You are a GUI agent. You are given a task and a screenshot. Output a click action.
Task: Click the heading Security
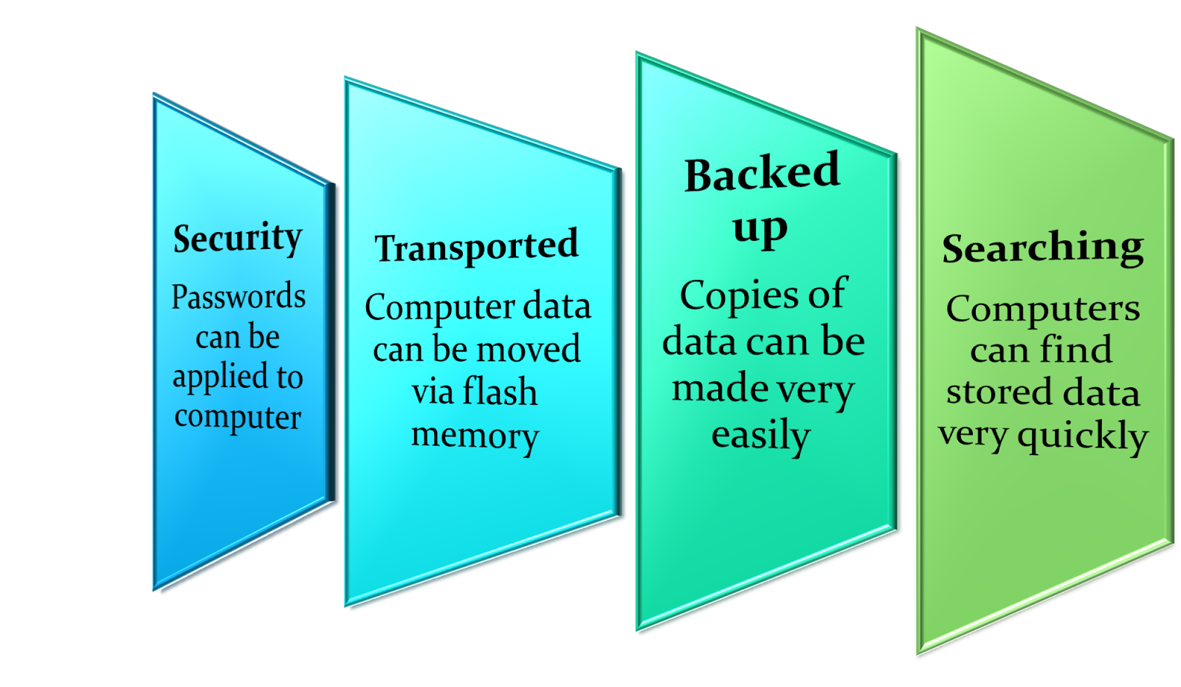[x=238, y=239]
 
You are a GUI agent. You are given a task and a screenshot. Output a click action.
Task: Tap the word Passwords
[x=238, y=297]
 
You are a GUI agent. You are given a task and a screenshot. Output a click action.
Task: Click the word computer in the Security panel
[x=238, y=417]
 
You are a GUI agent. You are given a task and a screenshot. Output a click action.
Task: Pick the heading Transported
[x=476, y=247]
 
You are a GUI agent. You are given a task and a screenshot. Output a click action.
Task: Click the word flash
[x=499, y=392]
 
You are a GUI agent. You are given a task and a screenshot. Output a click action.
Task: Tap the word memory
[x=475, y=435]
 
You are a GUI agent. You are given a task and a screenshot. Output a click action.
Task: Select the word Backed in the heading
[x=762, y=174]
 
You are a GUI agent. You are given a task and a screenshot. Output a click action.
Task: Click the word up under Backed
[x=760, y=228]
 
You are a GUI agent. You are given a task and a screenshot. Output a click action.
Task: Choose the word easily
[x=760, y=435]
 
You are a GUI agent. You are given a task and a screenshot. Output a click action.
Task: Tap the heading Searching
[x=1042, y=248]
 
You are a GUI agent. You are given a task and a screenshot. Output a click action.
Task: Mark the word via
[x=433, y=392]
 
